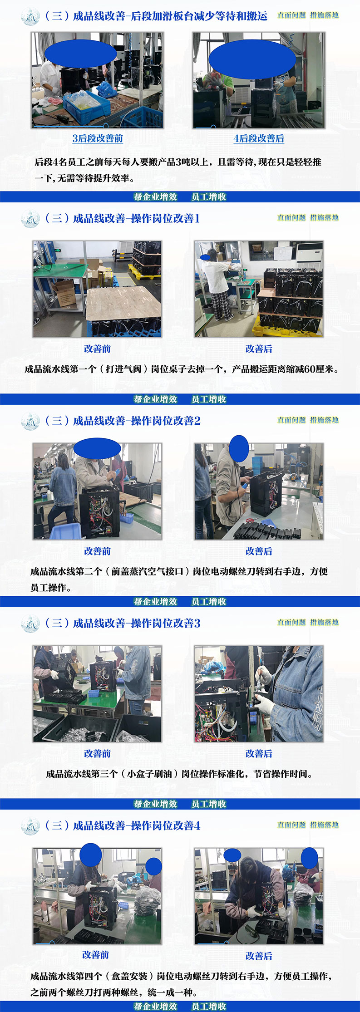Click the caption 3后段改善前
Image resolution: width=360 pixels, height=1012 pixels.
pos(98,138)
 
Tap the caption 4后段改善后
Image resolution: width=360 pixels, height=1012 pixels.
pos(259,138)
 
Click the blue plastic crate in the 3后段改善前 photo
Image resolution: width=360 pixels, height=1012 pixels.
pos(87,105)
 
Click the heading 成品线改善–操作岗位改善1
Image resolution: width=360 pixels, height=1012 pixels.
pos(136,218)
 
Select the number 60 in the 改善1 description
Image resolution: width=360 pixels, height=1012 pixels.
pos(310,369)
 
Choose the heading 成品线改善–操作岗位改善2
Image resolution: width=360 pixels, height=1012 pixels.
pos(136,421)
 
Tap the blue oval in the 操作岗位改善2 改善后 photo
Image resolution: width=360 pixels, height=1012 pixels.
pos(239,448)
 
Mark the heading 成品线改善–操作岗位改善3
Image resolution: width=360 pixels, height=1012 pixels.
pos(136,623)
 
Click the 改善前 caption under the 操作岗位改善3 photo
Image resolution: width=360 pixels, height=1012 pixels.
pos(97,753)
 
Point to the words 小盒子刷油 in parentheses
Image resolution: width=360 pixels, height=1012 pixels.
pos(149,774)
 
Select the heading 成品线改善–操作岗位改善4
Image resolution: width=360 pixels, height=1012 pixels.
pos(136,825)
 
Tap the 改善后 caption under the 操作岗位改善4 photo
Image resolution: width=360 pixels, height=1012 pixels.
pos(259,956)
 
